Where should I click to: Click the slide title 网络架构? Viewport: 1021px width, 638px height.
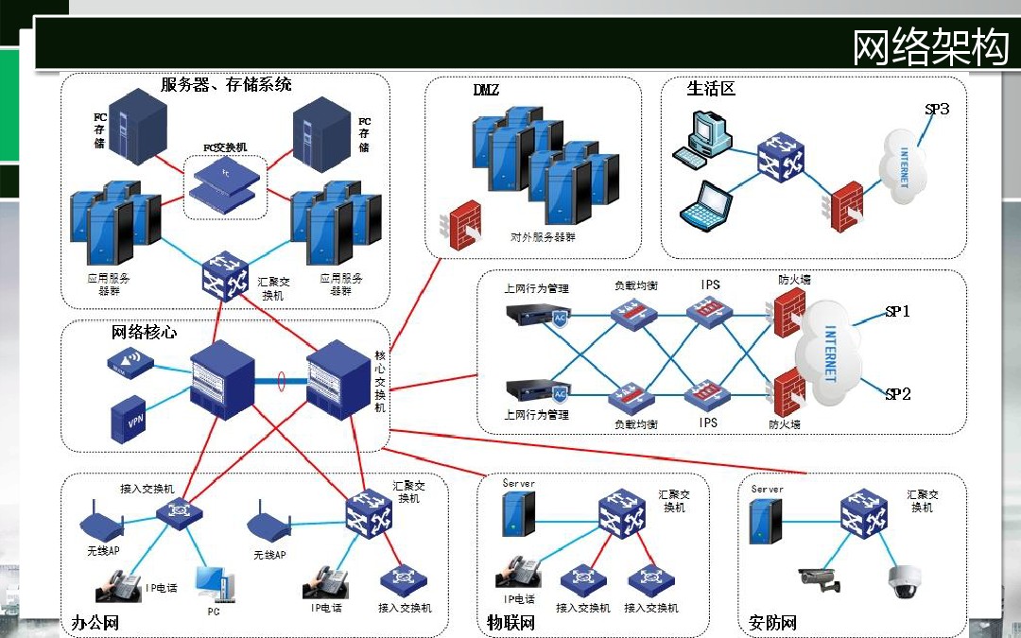930,47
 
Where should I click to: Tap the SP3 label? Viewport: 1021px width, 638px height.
936,110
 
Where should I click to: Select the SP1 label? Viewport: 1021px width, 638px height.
897,311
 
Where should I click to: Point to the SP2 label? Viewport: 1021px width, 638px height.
897,394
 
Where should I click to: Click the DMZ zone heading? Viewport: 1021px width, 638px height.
486,91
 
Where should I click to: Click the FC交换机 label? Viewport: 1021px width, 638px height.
225,147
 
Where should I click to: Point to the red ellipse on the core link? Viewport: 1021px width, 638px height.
281,382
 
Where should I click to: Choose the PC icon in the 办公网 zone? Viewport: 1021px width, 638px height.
212,583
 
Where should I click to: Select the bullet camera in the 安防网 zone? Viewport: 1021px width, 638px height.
820,578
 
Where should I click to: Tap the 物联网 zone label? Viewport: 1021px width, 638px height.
510,623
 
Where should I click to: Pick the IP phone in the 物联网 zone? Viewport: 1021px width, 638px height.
519,571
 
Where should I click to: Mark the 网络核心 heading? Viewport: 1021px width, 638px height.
144,333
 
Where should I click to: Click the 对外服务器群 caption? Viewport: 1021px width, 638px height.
543,238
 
